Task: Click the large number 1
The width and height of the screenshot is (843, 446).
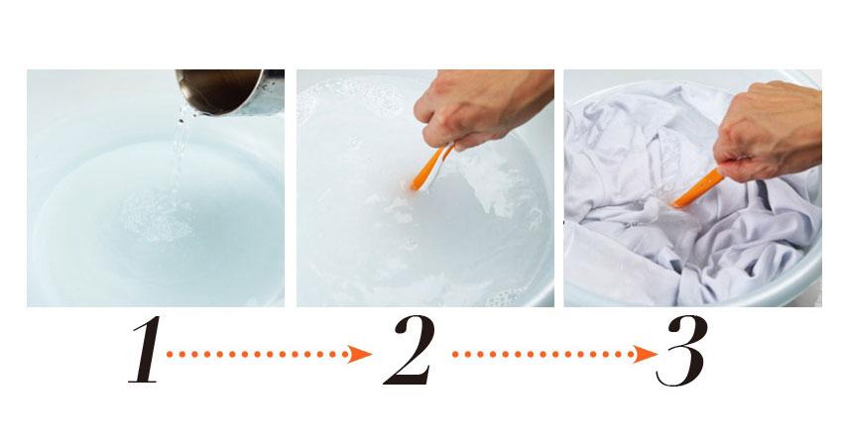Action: point(145,350)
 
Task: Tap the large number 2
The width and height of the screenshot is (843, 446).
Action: point(409,350)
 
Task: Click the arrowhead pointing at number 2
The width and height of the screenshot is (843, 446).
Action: point(360,354)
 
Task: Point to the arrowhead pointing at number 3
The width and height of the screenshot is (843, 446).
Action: point(646,354)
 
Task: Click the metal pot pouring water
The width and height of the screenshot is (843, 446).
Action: point(230,91)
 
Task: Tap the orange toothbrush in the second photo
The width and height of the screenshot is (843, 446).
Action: point(431,167)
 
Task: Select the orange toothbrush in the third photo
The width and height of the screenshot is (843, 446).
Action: point(697,187)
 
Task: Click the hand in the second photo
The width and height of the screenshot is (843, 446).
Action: point(481,107)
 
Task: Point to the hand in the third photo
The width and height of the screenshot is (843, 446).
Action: point(770,131)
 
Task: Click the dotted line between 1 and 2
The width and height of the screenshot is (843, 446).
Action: point(258,354)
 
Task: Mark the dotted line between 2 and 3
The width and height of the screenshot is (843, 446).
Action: point(543,354)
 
